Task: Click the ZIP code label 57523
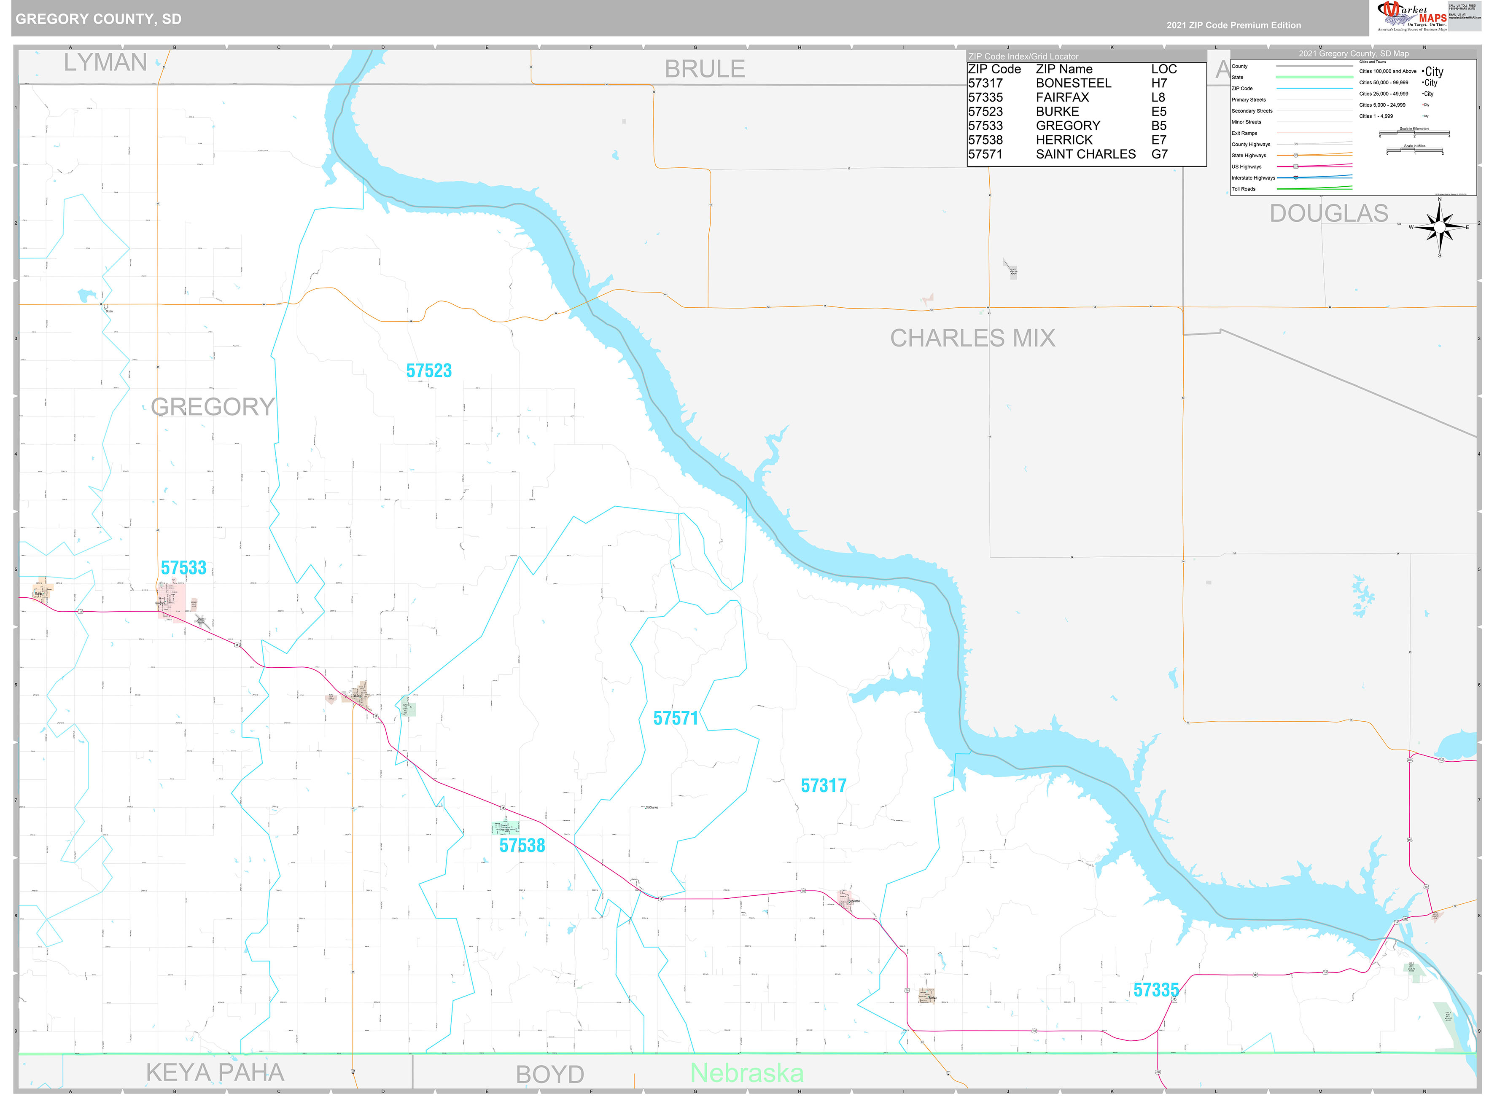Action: [x=428, y=371]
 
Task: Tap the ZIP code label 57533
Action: [x=183, y=568]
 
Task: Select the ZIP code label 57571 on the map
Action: [x=676, y=718]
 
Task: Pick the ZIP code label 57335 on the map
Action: [x=1155, y=990]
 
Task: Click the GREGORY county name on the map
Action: [x=213, y=407]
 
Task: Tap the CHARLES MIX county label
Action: [x=972, y=338]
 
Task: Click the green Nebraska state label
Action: [x=746, y=1073]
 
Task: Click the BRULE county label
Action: [x=705, y=69]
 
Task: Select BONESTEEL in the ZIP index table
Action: [x=1073, y=83]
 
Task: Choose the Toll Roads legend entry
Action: [x=1244, y=189]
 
